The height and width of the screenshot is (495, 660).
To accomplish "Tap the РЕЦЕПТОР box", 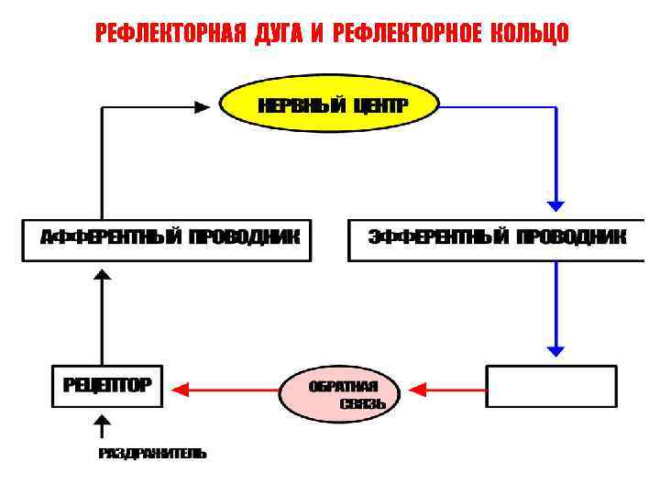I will [x=106, y=385].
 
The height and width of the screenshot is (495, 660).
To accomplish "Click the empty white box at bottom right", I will [x=551, y=386].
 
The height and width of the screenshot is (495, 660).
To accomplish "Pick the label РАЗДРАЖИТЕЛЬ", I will [x=152, y=453].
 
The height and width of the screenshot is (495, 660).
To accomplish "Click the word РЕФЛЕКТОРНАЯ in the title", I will [x=170, y=35].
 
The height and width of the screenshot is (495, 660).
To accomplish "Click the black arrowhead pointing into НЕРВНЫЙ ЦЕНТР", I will [x=203, y=107].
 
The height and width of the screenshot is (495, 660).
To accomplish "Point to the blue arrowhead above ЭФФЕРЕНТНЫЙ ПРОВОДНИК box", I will [x=555, y=205].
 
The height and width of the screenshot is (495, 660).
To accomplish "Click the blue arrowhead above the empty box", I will [x=555, y=350].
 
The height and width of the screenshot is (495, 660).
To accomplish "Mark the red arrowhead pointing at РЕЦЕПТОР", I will [x=181, y=389].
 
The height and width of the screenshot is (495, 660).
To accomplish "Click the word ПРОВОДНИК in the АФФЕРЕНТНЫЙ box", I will [x=245, y=237].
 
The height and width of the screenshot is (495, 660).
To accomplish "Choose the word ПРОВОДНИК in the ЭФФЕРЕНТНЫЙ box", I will [x=571, y=237].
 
